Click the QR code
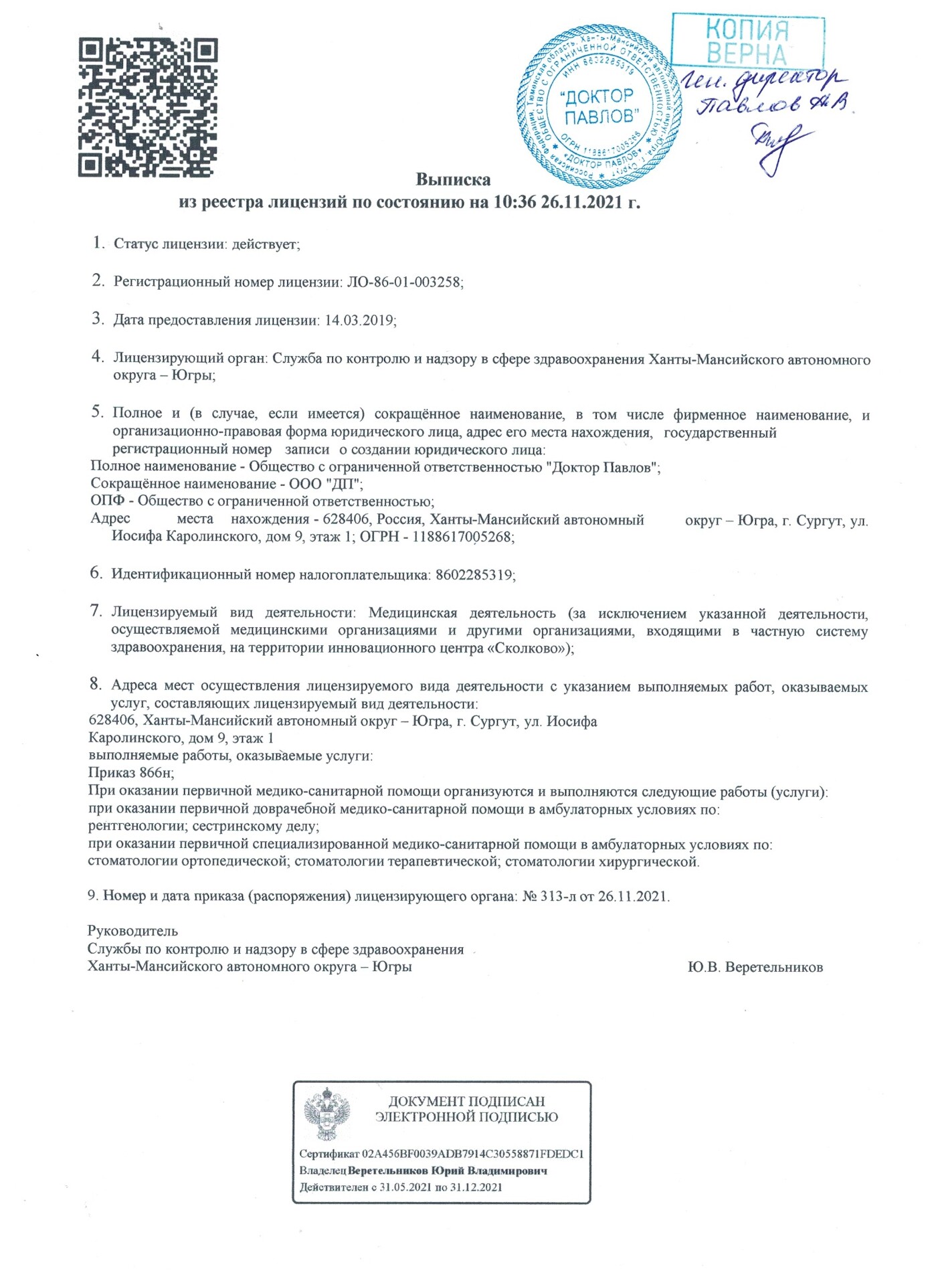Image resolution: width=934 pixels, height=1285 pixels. click(x=148, y=108)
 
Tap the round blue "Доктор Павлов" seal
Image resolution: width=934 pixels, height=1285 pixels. click(x=599, y=107)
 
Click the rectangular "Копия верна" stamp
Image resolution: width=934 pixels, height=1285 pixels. click(x=747, y=41)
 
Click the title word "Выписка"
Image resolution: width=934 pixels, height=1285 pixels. click(x=453, y=179)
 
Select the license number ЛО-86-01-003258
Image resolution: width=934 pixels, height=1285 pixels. click(x=404, y=282)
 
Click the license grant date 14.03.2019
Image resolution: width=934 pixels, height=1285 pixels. click(x=360, y=320)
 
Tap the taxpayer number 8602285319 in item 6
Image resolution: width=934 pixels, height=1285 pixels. click(x=474, y=575)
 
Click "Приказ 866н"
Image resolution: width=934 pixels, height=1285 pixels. click(x=131, y=773)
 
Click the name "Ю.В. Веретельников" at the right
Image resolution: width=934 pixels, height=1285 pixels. click(x=755, y=967)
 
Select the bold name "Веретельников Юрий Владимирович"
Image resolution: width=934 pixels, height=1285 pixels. click(x=448, y=1171)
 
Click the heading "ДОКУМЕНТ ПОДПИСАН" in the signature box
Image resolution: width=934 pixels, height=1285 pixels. click(x=466, y=1101)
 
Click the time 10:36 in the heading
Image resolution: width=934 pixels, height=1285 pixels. click(x=515, y=202)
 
